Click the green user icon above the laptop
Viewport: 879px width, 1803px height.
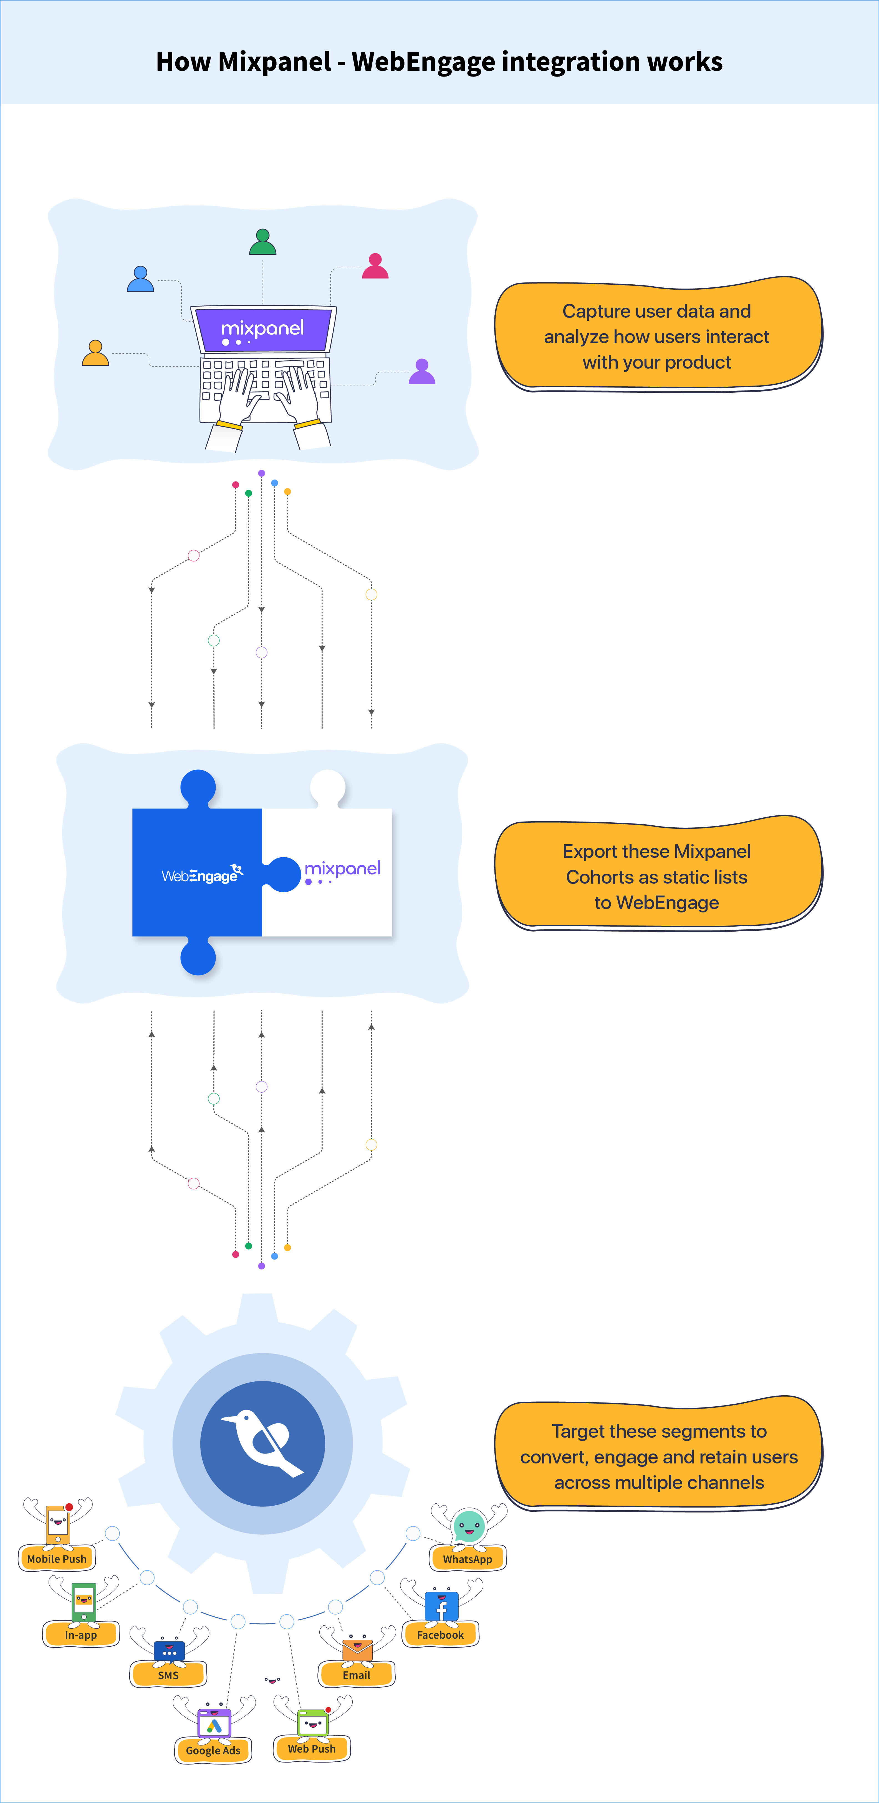tap(263, 242)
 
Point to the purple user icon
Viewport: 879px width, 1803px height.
tap(422, 372)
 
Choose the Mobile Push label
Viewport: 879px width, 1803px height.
tap(57, 1559)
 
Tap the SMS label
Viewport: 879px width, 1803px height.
tap(168, 1675)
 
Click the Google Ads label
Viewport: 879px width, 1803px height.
tap(213, 1751)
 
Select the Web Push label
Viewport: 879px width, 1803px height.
tap(312, 1748)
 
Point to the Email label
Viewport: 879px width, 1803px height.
tap(357, 1675)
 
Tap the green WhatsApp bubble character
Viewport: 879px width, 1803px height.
tap(469, 1526)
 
